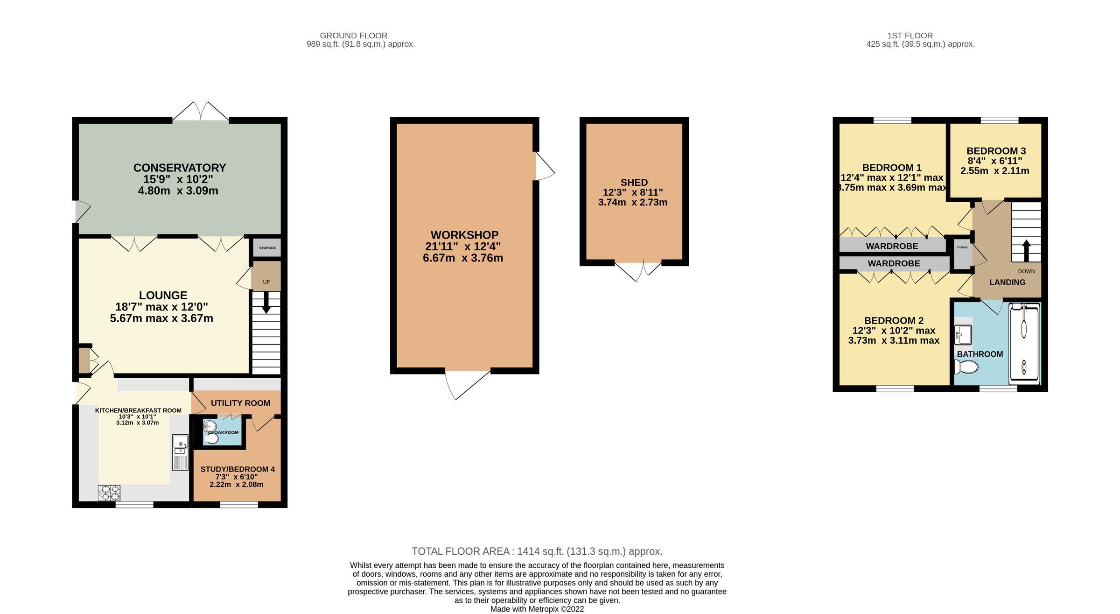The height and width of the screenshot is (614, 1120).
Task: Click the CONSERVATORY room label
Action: click(180, 168)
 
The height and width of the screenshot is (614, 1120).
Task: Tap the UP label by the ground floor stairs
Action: click(266, 282)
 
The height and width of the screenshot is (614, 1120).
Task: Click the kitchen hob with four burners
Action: click(109, 493)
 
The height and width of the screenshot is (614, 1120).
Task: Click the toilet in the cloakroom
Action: click(211, 438)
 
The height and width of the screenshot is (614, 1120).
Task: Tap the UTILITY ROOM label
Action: click(240, 403)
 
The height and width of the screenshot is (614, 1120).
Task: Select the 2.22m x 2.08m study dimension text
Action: click(236, 485)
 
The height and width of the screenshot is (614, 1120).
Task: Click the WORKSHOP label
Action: click(464, 235)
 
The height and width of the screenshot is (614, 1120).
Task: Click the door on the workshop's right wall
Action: click(544, 166)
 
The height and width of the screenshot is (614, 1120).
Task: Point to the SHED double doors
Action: click(638, 271)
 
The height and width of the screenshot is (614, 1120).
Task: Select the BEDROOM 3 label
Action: click(996, 151)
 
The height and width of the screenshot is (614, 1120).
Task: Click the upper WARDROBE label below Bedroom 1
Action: click(892, 246)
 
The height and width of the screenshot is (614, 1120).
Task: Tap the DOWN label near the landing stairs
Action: click(1026, 271)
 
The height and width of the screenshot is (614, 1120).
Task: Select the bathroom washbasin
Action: click(963, 334)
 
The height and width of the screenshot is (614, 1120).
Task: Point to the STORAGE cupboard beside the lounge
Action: click(267, 248)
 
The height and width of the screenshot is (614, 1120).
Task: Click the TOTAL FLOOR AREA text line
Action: click(537, 551)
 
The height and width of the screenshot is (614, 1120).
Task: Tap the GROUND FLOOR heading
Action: click(353, 35)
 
